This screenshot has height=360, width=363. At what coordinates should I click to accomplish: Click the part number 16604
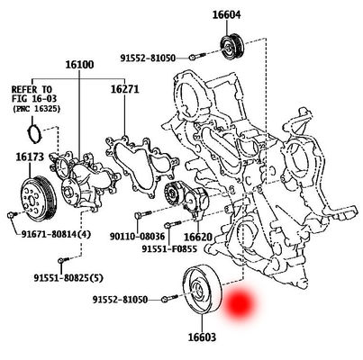click(227, 14)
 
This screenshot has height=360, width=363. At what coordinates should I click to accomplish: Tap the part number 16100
click(79, 66)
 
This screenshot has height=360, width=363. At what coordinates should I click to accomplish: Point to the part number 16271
click(125, 89)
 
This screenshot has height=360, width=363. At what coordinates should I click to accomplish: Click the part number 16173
click(30, 157)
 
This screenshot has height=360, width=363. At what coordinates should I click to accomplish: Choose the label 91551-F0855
click(170, 250)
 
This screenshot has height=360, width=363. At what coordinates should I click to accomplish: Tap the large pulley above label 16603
click(199, 292)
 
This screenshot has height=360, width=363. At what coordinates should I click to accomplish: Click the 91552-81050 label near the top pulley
click(148, 58)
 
